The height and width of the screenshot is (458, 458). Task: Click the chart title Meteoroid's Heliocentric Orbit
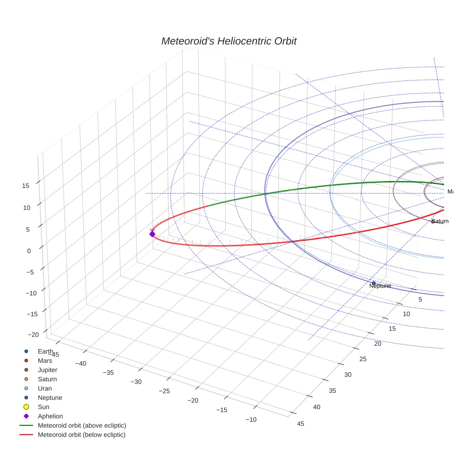pos(229,41)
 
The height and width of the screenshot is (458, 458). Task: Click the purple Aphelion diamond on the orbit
pos(152,234)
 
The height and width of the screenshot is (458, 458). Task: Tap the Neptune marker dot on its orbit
pos(373,283)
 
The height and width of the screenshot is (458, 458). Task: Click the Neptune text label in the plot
pos(380,286)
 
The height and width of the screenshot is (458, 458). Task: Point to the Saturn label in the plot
pos(440,221)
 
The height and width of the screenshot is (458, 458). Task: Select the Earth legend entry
pos(45,351)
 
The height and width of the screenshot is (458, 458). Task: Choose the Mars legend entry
pos(45,360)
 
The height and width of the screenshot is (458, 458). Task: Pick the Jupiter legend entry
pos(47,370)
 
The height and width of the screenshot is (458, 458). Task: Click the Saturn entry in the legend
pos(47,379)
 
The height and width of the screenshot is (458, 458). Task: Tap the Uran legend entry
pos(45,388)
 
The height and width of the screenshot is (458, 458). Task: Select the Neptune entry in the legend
pos(50,397)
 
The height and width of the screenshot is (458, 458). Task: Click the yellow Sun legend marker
pos(27,407)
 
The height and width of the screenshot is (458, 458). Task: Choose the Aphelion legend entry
pos(50,416)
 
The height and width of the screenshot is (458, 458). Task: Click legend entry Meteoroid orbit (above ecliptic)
pos(81,425)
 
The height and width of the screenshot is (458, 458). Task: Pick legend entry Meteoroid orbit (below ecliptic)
pos(81,435)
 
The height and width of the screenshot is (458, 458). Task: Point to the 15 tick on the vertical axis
pos(26,186)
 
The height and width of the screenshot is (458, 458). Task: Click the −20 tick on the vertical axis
pos(33,335)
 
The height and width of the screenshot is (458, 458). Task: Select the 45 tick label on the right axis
pos(301,423)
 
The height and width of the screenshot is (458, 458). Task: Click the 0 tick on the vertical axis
pos(29,251)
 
